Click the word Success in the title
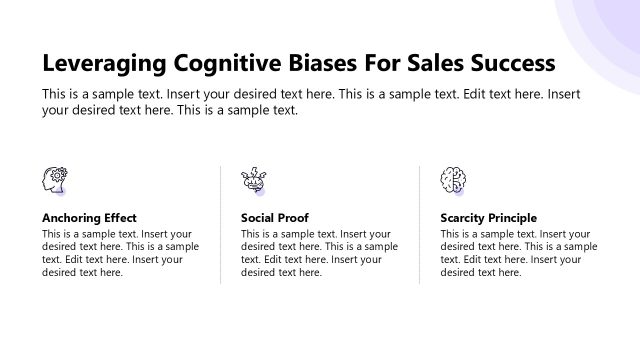tap(515, 64)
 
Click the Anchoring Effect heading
tap(89, 217)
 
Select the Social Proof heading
tap(275, 217)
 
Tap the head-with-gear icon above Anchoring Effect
tap(54, 180)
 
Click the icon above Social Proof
tap(253, 180)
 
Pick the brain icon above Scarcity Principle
tap(453, 180)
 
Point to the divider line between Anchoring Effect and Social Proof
tap(220, 225)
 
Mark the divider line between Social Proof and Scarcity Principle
tap(420, 225)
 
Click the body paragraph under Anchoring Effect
tap(120, 253)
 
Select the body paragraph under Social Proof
tap(319, 253)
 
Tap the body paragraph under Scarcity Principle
tap(519, 253)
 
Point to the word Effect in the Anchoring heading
tap(119, 217)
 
